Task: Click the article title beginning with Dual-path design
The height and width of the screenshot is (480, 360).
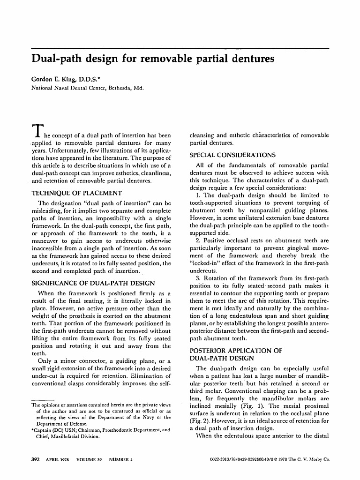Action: [x=152, y=60]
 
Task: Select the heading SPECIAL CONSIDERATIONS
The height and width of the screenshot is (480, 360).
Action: [x=232, y=155]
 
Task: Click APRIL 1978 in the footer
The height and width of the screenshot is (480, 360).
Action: [x=57, y=459]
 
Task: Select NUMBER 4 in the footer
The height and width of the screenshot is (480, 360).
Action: [x=121, y=459]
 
